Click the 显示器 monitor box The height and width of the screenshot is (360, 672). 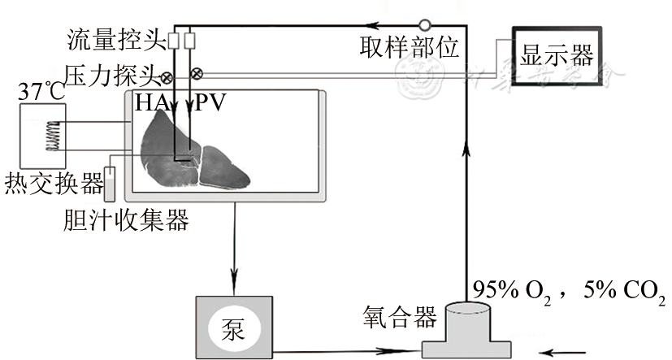(x=558, y=57)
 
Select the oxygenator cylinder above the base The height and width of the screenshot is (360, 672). (x=467, y=322)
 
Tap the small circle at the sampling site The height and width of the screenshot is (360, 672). (x=424, y=24)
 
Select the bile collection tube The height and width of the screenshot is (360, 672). (x=111, y=184)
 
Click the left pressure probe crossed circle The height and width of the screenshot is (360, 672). (x=167, y=78)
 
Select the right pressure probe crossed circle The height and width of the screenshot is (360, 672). (x=196, y=74)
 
